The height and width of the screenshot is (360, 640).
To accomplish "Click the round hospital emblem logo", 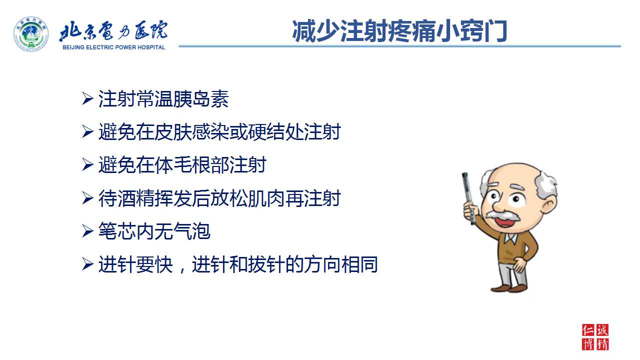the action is [31, 34].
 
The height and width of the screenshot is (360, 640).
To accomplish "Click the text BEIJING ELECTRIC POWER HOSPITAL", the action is [113, 47].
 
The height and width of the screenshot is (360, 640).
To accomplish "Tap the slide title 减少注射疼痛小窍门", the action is [399, 31].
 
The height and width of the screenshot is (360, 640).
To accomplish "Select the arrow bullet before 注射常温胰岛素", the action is [87, 99].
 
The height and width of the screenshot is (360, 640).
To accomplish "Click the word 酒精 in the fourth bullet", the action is [135, 198].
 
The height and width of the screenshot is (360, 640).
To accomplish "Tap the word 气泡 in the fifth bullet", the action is [191, 231].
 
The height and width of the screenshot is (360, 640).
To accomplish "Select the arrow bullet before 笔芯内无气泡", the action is [87, 231].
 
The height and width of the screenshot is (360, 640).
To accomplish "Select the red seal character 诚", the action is [602, 330].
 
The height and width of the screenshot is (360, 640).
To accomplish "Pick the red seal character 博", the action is [588, 344].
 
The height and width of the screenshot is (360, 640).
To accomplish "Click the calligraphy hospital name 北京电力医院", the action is [113, 30].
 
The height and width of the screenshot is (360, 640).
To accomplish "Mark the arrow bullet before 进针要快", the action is [87, 264].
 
